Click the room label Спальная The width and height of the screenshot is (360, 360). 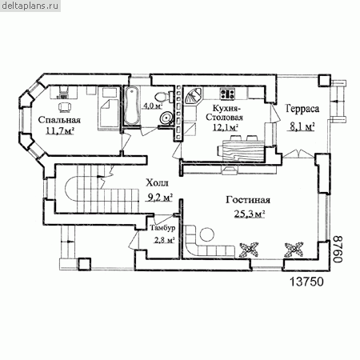coord(59,120)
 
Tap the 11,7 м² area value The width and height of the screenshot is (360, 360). coord(60,131)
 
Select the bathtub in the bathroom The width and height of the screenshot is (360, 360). coord(132,106)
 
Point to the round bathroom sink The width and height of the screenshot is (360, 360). coord(166,118)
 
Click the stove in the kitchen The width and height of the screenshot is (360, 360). coord(227,93)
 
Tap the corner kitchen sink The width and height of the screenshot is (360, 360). coord(194,96)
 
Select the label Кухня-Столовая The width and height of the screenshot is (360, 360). coord(224,113)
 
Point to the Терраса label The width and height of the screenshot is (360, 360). coord(302,109)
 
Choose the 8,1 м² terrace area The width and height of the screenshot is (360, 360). coord(302,127)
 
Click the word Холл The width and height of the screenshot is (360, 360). coord(157,183)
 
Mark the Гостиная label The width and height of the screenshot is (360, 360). coord(248,200)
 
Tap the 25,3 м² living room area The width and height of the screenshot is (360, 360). coord(250,214)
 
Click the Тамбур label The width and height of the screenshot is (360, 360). coord(162,228)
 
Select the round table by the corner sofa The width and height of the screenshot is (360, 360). coord(207,235)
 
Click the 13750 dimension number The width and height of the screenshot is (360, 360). coord(306,282)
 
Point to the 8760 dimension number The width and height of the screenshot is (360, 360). coord(338,249)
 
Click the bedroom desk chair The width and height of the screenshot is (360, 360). coord(65,107)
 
